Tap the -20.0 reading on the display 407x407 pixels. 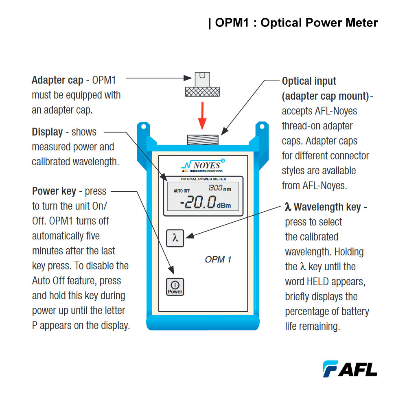198,202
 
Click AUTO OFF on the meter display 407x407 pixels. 182,190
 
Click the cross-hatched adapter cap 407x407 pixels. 202,91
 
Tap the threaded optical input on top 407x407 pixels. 202,139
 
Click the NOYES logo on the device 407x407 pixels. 202,165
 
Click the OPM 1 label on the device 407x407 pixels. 218,259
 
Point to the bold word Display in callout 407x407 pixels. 47,132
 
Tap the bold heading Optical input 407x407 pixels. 309,81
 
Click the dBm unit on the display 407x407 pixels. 223,206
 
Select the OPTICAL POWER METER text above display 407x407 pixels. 203,179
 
